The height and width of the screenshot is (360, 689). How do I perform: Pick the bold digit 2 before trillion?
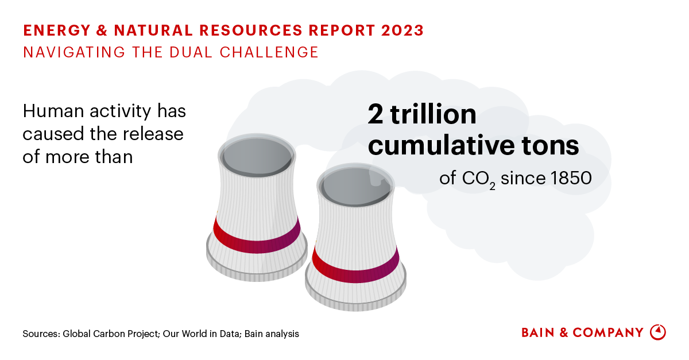pos(376,115)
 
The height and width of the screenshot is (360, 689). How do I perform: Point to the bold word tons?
pos(554,146)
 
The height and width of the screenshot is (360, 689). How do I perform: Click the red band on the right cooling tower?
pos(355,267)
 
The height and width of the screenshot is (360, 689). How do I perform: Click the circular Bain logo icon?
pos(657,332)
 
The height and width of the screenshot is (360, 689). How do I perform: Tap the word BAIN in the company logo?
pos(539,332)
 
